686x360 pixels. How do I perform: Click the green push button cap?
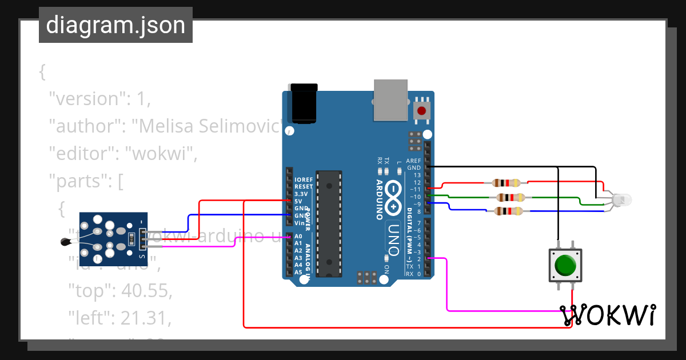565,265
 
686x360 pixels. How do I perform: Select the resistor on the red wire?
506,183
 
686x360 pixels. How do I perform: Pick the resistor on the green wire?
510,198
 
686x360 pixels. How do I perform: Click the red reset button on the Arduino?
422,111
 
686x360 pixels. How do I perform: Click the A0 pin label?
298,236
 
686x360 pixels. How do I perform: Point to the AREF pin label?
413,161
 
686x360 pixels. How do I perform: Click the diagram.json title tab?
115,25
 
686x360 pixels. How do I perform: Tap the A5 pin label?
298,273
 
